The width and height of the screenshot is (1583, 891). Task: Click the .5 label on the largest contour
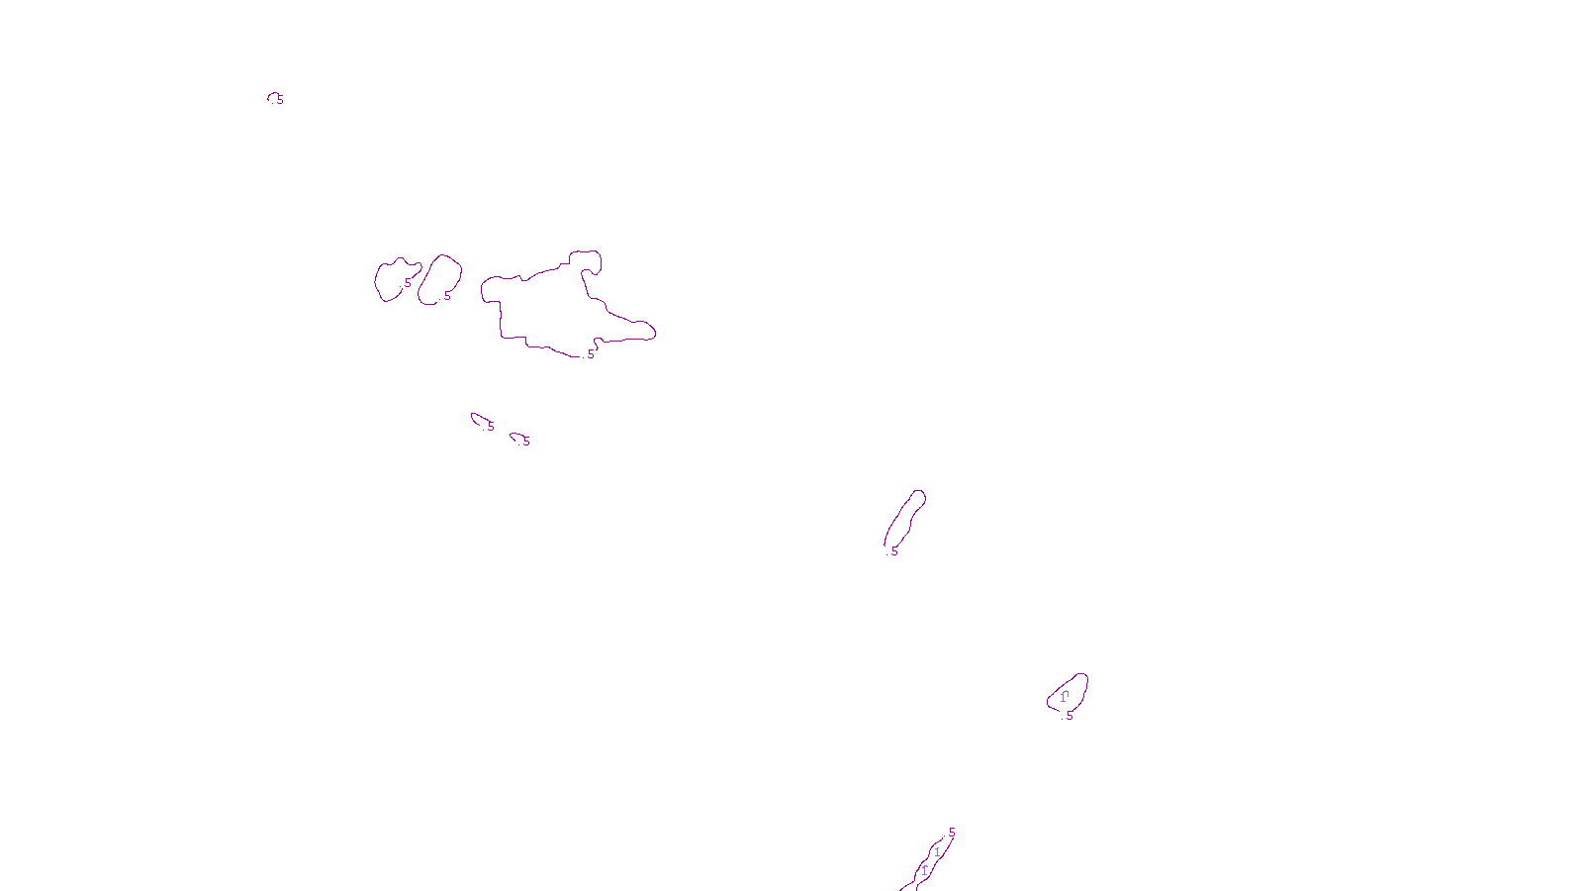point(591,354)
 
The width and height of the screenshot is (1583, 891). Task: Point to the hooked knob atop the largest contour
point(588,258)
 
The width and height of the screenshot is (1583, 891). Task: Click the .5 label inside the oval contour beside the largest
point(446,296)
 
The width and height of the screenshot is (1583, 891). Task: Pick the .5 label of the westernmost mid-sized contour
point(407,283)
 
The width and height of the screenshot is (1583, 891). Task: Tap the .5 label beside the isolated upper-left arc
point(280,100)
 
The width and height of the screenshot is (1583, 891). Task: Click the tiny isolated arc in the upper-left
point(271,95)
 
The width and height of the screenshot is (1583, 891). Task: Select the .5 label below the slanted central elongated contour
point(893,551)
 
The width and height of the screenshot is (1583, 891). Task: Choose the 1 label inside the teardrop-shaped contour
point(1064,697)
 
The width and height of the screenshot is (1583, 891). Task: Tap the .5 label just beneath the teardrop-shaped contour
point(1069,716)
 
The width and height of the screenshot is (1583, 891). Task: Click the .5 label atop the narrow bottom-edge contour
point(951,833)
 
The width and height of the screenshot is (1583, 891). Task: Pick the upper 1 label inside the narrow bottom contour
point(937,852)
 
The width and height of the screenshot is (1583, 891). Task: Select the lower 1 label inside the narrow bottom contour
point(924,871)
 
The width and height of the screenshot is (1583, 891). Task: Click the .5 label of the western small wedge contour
point(490,427)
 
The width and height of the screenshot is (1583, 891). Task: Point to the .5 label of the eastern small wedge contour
point(525,442)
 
